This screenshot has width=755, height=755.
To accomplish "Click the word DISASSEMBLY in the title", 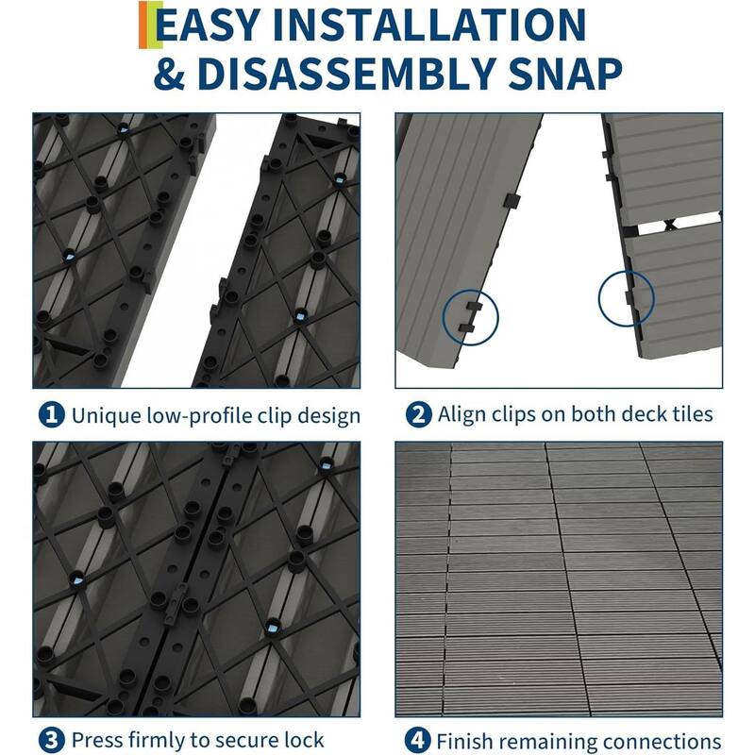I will [x=354, y=74].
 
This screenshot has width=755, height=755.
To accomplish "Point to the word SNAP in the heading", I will [x=563, y=74].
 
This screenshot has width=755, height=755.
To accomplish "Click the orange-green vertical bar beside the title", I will [x=143, y=25].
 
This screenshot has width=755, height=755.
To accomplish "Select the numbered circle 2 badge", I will [x=417, y=414].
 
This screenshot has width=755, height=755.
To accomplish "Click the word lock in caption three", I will [x=306, y=739].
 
